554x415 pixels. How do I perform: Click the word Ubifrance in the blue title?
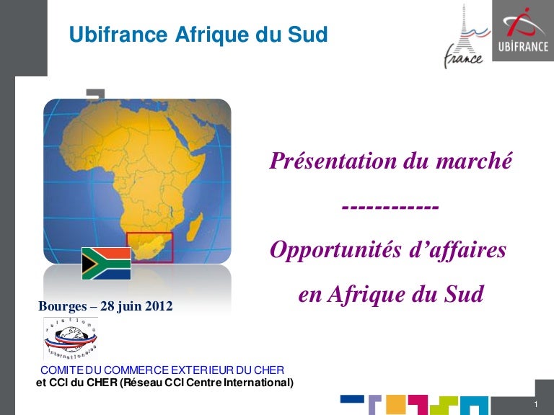coord(118,35)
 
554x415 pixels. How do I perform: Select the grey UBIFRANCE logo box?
coord(523,30)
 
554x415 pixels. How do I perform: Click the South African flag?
coord(106,263)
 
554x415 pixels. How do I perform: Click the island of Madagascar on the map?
coord(194,227)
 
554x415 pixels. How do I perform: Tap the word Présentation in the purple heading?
coord(333,161)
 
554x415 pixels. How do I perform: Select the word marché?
coord(474,161)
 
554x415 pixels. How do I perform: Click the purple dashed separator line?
coord(390,207)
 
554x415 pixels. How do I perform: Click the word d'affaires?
coord(458,249)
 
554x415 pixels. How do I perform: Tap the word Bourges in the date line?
coord(63,306)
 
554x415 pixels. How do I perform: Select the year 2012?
coord(159,305)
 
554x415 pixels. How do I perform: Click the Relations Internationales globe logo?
coord(71,338)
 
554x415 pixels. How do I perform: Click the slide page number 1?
coord(536,404)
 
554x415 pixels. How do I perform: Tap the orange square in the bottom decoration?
coord(396,404)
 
